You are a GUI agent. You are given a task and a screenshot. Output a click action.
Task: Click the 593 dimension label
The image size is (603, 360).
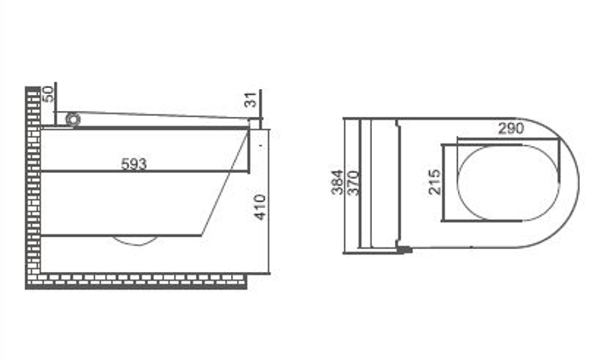coord(134,164)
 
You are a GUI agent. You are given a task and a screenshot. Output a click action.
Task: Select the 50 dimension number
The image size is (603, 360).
coord(48,94)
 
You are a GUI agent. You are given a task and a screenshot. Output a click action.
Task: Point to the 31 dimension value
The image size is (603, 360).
coord(251,101)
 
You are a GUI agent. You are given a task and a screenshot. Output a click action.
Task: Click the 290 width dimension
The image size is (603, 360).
coord(511,129)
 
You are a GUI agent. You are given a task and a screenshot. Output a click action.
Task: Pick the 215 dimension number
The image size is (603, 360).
coord(435,181)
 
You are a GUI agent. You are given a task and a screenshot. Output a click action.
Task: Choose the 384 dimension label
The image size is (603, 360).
coord(337,182)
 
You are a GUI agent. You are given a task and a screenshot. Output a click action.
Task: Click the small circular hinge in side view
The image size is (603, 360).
coord(73,119)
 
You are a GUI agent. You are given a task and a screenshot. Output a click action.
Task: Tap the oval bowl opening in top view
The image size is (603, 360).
coord(508,182)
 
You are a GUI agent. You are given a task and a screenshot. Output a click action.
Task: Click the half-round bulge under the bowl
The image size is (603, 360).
coord(134,240)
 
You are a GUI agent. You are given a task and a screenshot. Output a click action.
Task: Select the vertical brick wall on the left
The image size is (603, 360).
coord(33,181)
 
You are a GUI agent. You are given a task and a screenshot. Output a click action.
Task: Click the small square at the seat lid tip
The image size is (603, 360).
coord(254,124)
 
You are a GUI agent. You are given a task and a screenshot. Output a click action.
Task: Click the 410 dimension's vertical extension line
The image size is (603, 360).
coord(269,203)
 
